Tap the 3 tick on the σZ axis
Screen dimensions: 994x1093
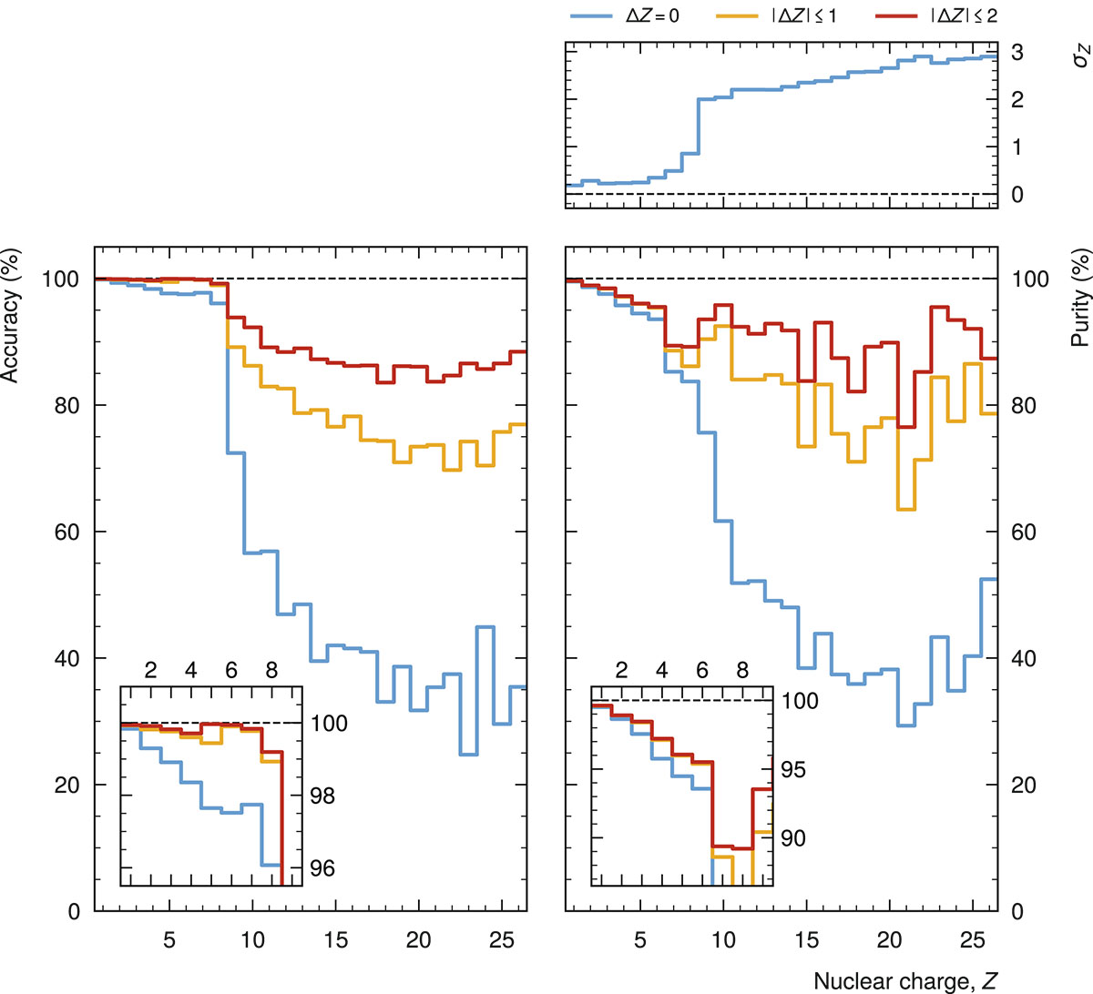[1017, 53]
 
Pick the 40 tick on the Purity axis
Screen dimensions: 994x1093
[1024, 658]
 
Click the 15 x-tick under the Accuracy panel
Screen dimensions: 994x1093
[336, 939]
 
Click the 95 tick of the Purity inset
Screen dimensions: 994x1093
[793, 770]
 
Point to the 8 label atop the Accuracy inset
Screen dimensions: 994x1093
[271, 671]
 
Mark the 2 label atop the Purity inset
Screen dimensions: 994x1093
[621, 671]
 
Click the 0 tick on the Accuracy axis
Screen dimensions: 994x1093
[74, 911]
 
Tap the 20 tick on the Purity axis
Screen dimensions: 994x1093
[1024, 785]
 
